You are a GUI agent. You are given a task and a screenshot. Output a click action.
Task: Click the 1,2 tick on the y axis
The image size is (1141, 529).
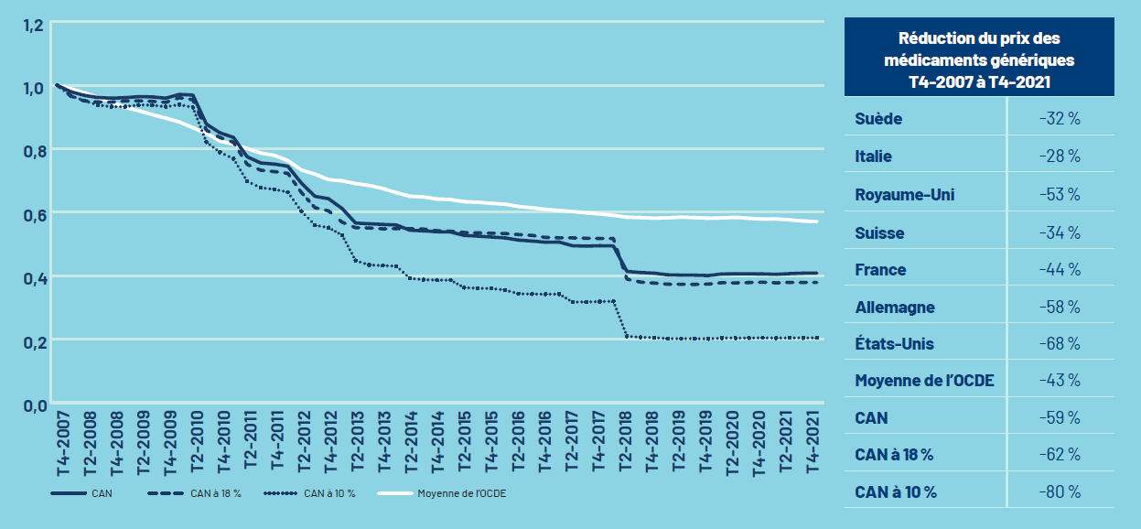[x=32, y=25]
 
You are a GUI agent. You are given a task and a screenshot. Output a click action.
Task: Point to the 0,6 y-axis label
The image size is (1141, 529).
[x=32, y=213]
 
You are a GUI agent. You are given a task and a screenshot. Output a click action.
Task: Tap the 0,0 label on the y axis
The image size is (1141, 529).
[x=32, y=405]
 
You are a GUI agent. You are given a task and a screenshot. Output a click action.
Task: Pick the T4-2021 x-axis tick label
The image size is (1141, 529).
[x=813, y=443]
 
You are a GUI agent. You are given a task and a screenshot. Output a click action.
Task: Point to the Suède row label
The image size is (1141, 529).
[x=878, y=119]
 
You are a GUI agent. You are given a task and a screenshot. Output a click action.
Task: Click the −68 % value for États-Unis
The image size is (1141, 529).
[x=1060, y=343]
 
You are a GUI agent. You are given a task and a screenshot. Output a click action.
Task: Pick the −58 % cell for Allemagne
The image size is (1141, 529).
[x=1060, y=307]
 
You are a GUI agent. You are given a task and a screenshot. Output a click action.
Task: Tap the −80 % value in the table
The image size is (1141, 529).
[x=1060, y=492]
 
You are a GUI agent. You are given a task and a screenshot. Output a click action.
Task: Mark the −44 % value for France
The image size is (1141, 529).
[x=1060, y=270]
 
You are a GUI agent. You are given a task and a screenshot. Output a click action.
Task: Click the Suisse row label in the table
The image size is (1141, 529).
[x=879, y=232]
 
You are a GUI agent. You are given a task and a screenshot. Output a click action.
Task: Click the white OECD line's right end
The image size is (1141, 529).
[x=816, y=221]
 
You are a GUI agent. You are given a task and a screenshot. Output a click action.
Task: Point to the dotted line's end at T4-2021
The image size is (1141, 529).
[x=816, y=338]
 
